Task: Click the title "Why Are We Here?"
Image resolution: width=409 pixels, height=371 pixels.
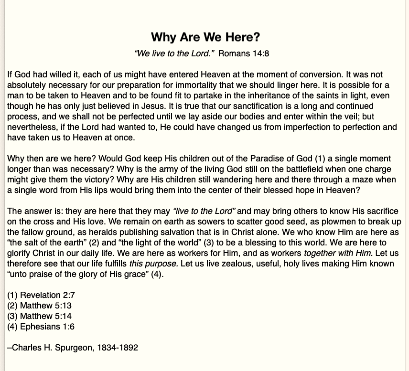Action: [x=205, y=37]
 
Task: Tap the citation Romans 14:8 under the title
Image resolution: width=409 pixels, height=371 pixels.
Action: [x=244, y=53]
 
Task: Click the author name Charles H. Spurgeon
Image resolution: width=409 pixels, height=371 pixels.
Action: [x=52, y=348]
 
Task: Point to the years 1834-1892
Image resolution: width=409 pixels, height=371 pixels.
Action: [x=118, y=348]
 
